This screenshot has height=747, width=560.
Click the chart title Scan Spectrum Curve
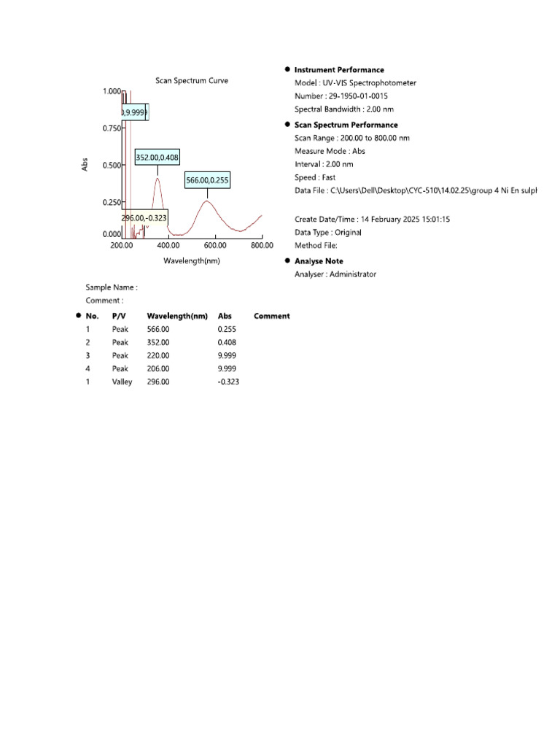[192, 81]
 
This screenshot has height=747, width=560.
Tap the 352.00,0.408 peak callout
[157, 157]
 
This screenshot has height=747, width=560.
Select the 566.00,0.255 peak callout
[207, 180]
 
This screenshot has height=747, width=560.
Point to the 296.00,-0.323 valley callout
[144, 217]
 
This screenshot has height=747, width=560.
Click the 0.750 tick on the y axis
[111, 128]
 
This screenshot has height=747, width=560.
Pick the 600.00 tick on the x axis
[216, 246]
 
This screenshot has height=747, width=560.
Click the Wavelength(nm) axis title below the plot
[192, 260]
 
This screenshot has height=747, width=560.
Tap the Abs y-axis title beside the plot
[85, 166]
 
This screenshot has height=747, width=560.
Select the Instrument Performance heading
[339, 70]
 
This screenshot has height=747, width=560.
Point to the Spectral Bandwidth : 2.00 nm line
[344, 109]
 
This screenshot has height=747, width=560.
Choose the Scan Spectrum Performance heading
[346, 125]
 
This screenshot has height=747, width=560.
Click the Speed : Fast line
[315, 177]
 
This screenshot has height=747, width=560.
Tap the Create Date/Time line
[372, 219]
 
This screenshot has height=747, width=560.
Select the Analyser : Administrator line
[335, 274]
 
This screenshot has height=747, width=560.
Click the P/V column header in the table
[119, 316]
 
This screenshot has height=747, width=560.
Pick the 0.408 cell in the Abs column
[226, 342]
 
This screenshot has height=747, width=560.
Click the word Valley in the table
[122, 382]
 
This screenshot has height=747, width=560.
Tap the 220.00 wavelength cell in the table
[158, 355]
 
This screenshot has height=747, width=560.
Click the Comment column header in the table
[271, 316]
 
